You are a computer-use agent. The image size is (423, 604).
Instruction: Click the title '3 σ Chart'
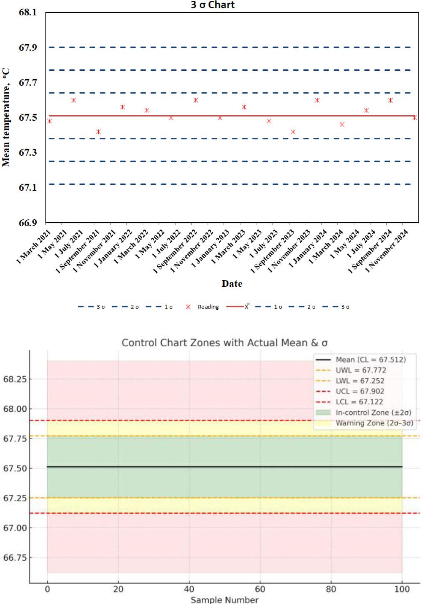pos(213,5)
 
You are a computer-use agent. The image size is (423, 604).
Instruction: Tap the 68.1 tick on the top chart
pos(27,12)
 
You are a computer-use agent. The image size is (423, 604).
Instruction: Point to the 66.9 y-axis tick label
pos(27,223)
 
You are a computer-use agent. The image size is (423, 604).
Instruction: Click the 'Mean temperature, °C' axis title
pos(6,118)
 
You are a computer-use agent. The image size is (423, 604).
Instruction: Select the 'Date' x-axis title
pos(232,284)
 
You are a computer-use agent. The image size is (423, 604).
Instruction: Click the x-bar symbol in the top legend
pos(247,306)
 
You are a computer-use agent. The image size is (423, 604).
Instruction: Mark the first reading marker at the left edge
pos(49,121)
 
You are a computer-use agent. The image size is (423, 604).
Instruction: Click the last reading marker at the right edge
pos(415,118)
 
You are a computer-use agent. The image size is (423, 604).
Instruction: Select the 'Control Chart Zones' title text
pos(225,343)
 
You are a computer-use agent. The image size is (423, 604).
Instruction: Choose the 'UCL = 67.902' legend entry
pos(360,391)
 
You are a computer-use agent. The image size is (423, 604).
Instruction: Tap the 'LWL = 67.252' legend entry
pos(360,381)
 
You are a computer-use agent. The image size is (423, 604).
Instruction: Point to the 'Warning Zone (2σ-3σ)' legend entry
pos(374,423)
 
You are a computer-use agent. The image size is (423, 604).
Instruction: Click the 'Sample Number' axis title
pos(225,600)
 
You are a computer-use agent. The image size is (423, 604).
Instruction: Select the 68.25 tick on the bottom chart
pos(15,379)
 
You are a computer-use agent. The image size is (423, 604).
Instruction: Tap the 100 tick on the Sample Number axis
pos(402,589)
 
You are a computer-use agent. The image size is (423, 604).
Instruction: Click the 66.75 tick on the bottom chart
pos(15,558)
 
